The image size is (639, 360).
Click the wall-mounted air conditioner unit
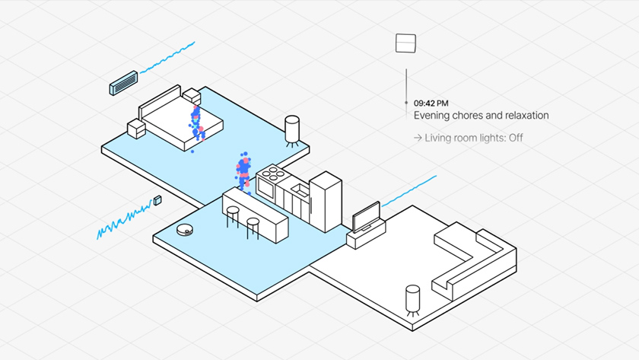pos(124,83)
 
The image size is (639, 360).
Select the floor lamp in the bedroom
pos(292,129)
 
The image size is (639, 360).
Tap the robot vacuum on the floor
pos(183,229)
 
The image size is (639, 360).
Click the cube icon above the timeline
pos(405,43)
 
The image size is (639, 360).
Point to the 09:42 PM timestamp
pos(431,103)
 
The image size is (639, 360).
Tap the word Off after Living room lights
pos(515,138)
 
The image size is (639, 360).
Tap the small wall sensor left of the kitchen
pos(158,200)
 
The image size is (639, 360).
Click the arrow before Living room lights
pos(418,138)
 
